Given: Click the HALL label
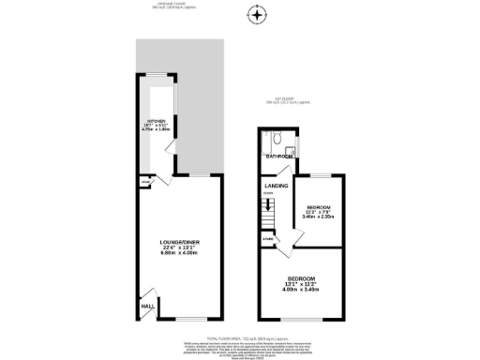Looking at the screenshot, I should point(147,306).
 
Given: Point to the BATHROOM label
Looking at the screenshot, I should point(278,157).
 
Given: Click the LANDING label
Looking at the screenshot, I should point(276,187).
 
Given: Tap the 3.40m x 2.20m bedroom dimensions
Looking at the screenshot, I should point(319,217).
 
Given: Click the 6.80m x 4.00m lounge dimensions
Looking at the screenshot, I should point(180,254).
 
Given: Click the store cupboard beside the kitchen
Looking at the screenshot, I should point(145,181).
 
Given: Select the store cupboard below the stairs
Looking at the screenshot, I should point(270,240).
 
